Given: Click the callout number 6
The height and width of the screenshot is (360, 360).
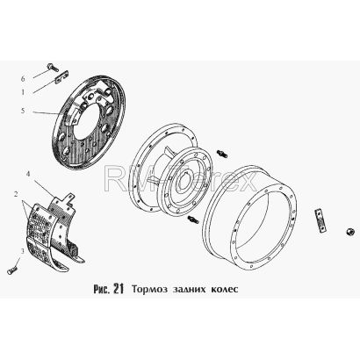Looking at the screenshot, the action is (23, 79).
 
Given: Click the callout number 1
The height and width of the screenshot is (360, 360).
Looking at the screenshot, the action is (23, 92).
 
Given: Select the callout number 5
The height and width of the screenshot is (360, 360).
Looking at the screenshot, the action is (23, 111).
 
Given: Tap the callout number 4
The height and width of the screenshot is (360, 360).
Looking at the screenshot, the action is (28, 174).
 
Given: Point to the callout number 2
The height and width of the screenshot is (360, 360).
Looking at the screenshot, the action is (16, 194).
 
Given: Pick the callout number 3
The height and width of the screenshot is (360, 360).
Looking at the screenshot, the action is (22, 250).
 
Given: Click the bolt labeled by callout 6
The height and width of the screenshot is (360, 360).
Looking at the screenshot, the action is (53, 67).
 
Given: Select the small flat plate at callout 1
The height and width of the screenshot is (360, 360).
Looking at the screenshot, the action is (61, 76).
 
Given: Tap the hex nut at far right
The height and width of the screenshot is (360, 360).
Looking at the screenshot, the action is (349, 232).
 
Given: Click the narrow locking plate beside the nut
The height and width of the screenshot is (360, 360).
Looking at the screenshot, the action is (320, 220).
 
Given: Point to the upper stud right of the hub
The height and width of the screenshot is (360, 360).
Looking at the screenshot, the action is (222, 154).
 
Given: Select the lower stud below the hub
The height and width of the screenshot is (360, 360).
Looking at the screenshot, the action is (192, 220).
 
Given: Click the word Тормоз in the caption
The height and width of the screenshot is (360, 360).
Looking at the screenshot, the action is (149, 290).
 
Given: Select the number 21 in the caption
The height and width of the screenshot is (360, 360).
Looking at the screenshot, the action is (118, 289).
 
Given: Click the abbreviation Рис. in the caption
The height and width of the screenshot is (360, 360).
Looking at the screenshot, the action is (101, 289).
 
